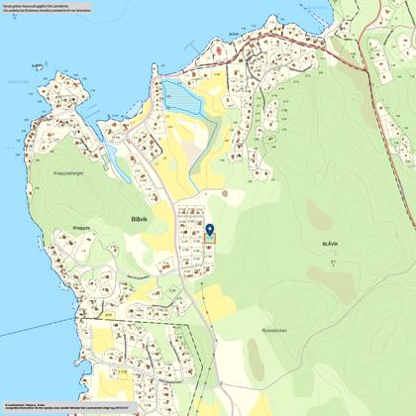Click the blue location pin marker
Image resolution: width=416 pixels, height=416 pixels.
click(x=209, y=233)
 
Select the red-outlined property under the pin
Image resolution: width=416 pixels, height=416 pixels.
click(x=209, y=244)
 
